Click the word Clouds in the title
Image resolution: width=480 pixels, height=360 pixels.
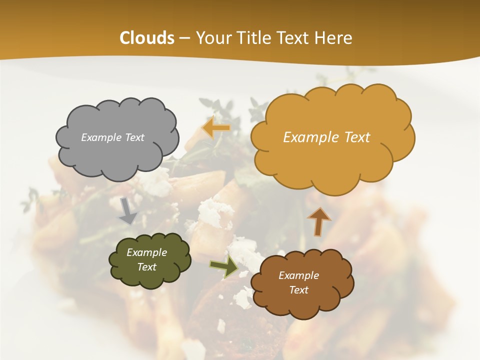[x=147, y=38]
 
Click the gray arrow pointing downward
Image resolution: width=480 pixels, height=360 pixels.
[x=128, y=210]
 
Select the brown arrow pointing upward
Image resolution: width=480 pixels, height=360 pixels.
[x=318, y=221]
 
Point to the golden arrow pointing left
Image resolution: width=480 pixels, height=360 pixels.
[x=216, y=127]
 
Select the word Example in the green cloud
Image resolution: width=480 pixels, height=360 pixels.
[x=146, y=252]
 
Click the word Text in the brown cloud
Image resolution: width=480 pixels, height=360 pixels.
[x=298, y=290]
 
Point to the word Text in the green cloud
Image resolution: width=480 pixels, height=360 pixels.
[x=146, y=267]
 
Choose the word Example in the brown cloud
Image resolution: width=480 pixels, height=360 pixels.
[x=298, y=275]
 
